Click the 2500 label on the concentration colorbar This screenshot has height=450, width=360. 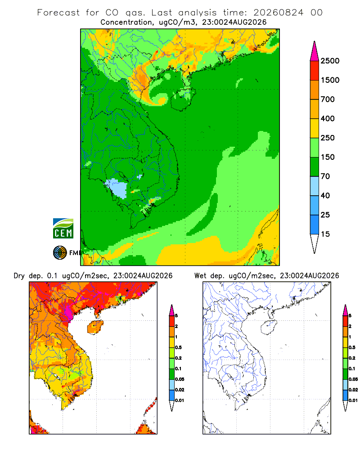pos(330,61)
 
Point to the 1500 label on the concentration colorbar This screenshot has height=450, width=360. pos(330,80)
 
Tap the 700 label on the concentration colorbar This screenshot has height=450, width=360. pos(328,99)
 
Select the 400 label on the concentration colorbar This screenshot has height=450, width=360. pos(328,118)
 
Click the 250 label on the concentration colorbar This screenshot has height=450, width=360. pos(328,138)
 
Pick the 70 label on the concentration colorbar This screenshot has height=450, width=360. pos(325,176)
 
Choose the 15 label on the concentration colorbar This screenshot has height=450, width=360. pos(325,234)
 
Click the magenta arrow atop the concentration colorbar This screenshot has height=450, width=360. pos(315,52)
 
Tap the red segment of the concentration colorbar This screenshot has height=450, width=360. pos(315,71)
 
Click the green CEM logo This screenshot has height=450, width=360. pos(63,229)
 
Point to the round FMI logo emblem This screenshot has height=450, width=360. pos(60,253)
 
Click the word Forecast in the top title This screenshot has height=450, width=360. pos(58,13)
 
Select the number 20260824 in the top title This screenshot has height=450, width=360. pos(278,13)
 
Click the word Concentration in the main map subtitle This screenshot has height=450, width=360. pos(126,22)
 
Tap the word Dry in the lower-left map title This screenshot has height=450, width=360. pos(19,276)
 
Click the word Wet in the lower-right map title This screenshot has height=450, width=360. pos(200,276)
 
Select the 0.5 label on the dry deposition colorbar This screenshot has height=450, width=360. pos(178,347)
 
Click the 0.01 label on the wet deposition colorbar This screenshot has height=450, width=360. pos(353,400)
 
